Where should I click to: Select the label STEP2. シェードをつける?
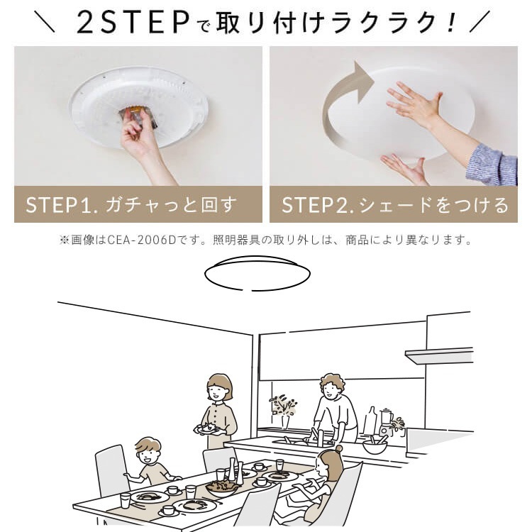[395, 205]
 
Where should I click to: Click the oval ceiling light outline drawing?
[257, 273]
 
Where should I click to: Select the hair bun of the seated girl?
[338, 449]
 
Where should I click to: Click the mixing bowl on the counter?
[375, 447]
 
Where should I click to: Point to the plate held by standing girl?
[207, 429]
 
